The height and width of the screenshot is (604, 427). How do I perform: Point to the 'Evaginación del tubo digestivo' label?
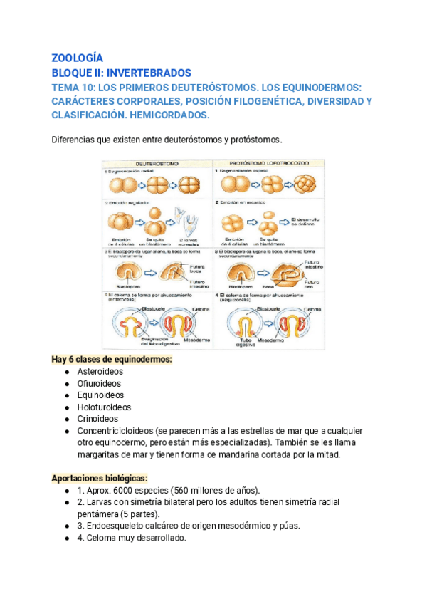[x=130, y=338]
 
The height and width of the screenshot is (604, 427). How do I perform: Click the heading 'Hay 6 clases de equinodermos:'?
[x=112, y=360]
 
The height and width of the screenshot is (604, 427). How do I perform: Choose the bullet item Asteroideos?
[x=100, y=372]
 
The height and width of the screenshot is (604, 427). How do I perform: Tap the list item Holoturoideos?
[x=104, y=407]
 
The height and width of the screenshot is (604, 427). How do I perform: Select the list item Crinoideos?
[x=97, y=419]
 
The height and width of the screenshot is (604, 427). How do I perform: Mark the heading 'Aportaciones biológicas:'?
[x=99, y=477]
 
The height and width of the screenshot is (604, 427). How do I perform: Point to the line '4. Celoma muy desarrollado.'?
[x=131, y=538]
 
